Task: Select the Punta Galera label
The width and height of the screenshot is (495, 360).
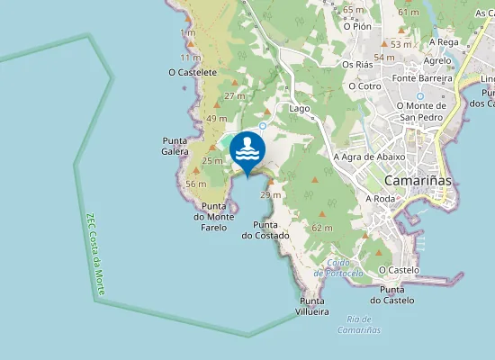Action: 175,146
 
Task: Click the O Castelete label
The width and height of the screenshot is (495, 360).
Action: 192,71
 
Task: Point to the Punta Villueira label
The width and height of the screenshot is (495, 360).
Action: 312,306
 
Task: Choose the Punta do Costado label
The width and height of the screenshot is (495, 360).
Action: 265,230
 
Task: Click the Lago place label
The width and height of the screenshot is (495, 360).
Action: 300,108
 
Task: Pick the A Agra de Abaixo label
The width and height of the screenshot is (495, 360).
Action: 369,157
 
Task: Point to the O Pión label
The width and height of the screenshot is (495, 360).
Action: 357,26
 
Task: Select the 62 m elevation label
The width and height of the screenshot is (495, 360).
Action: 321,229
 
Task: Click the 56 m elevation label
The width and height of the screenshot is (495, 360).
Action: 196,184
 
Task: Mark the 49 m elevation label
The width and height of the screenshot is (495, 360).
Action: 217,118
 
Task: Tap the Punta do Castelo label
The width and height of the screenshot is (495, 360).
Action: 397,294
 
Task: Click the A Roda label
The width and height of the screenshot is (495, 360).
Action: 381,198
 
